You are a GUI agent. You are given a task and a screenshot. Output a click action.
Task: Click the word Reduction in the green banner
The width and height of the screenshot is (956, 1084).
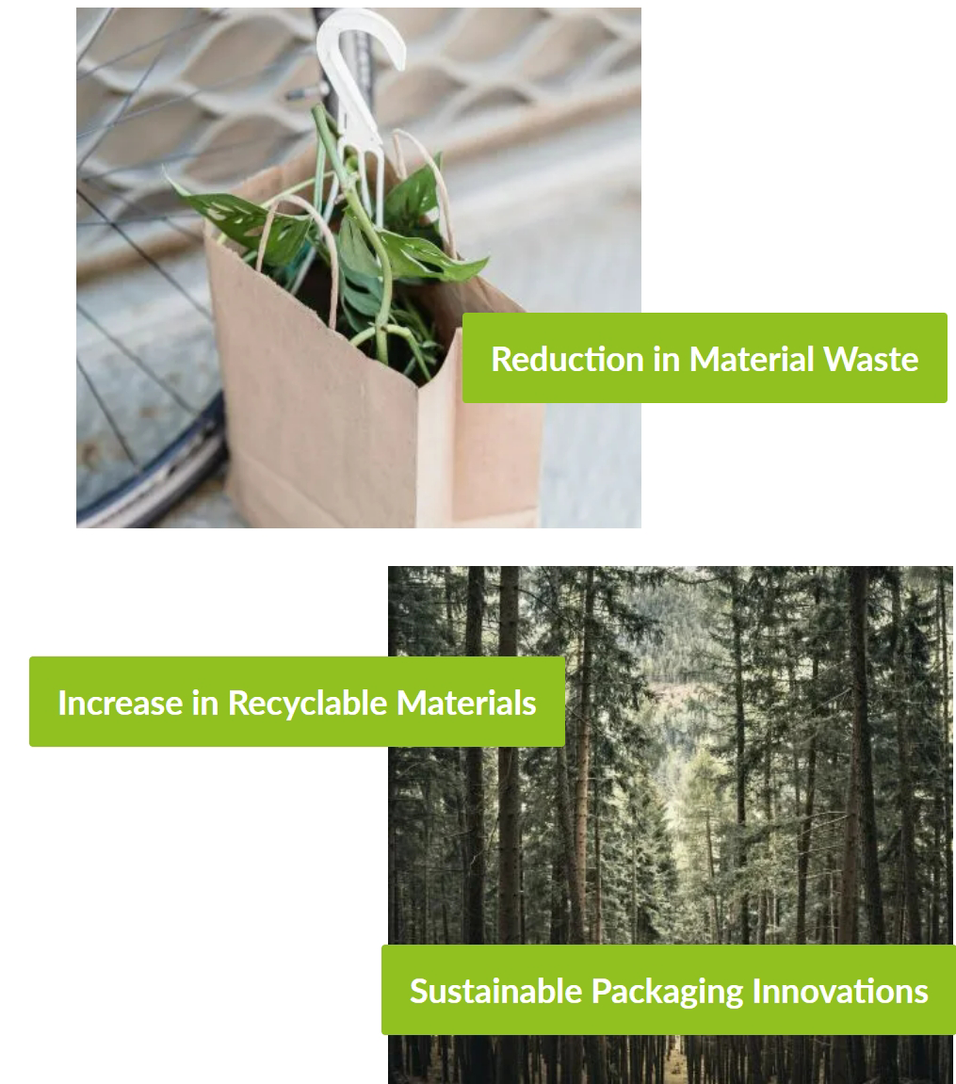(568, 359)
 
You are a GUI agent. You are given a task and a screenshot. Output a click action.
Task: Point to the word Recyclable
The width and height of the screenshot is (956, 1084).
(308, 704)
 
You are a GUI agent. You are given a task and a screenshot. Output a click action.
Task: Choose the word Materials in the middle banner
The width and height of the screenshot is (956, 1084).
(466, 703)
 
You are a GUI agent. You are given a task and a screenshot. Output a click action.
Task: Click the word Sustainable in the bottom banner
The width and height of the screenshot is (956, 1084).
(496, 991)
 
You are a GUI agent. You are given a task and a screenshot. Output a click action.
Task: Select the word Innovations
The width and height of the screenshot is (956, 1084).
(840, 991)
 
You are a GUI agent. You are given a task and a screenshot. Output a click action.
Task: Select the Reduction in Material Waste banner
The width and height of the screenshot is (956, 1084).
(705, 358)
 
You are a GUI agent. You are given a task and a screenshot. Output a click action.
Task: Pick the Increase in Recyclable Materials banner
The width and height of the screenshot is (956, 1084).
(298, 702)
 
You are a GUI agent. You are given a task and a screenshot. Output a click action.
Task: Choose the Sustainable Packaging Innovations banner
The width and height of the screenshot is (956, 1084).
(669, 989)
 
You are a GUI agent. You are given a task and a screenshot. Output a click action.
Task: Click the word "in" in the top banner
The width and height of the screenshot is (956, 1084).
(666, 359)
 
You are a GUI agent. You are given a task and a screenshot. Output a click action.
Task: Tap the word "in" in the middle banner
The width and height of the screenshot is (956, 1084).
(205, 703)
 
